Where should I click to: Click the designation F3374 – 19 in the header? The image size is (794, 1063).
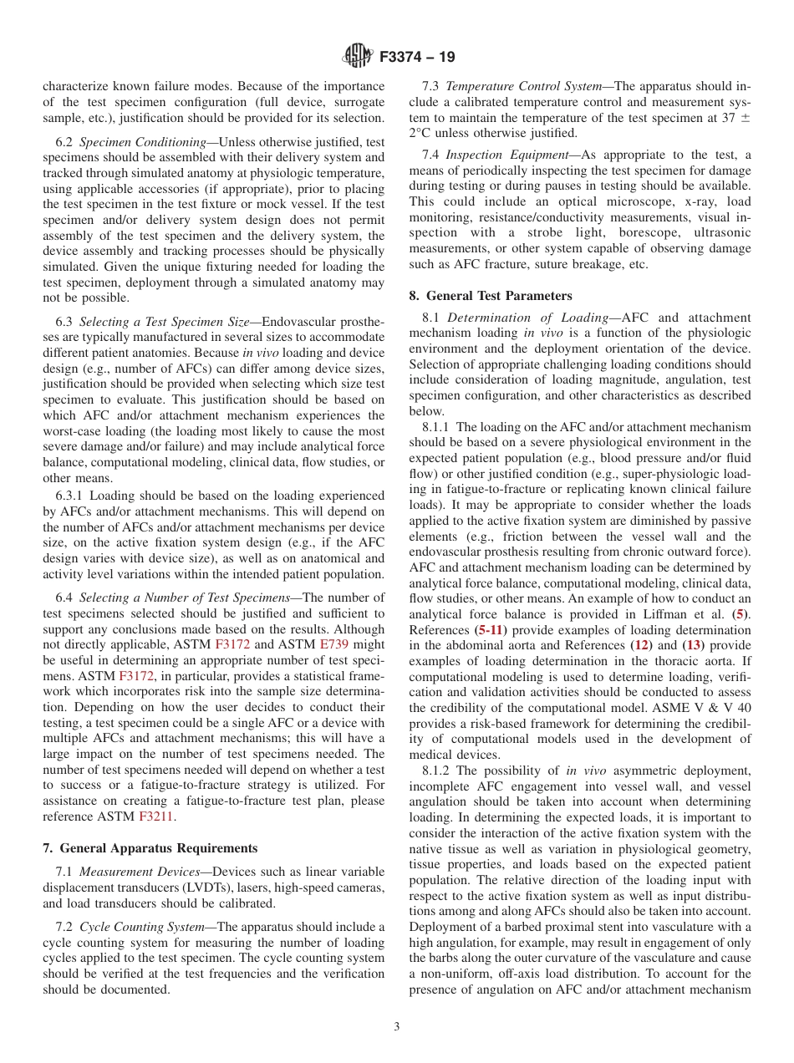coord(417,58)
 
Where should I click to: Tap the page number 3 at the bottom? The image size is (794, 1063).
coord(397,1026)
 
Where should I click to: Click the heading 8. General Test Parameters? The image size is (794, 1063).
coord(491,296)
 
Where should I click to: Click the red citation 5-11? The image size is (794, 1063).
coord(491,629)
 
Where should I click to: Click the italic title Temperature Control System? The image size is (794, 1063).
coord(523,86)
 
